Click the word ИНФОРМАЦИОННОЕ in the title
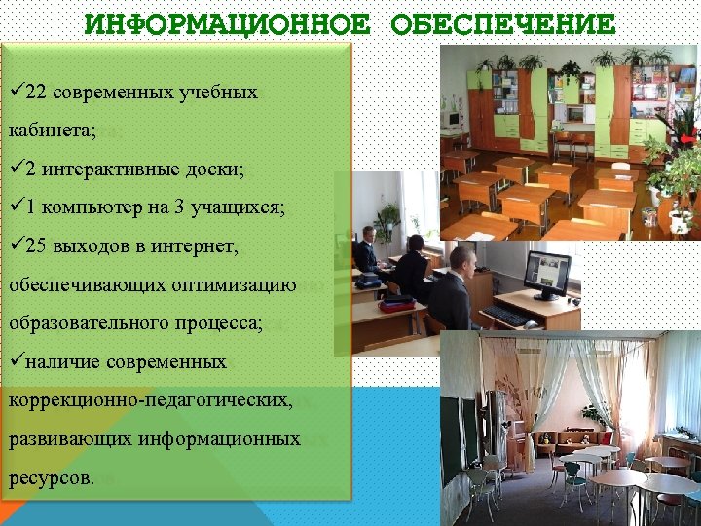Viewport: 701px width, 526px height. point(227,23)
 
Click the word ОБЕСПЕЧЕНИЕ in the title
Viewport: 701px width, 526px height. point(502,23)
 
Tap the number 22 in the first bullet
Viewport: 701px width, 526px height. point(37,93)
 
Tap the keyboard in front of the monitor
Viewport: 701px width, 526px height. point(503,316)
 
